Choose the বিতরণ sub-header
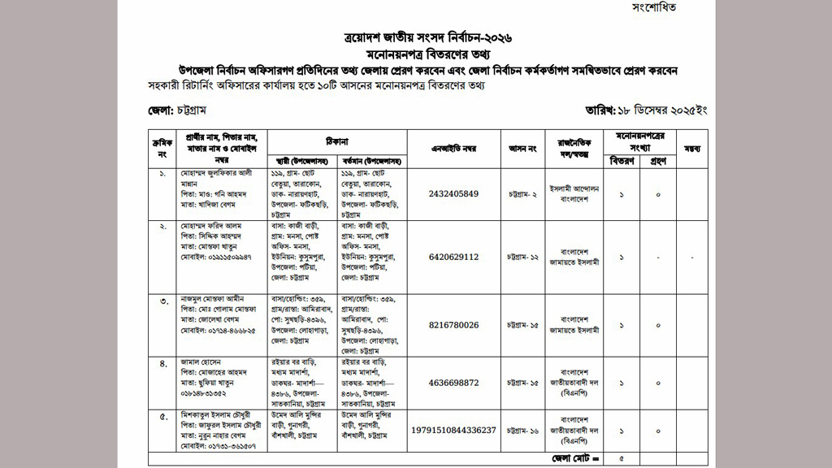tap(622, 161)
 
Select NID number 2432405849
tap(454, 193)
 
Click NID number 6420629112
tap(454, 257)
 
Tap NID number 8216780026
tap(454, 325)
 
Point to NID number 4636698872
tap(454, 382)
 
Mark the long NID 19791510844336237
tap(454, 429)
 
